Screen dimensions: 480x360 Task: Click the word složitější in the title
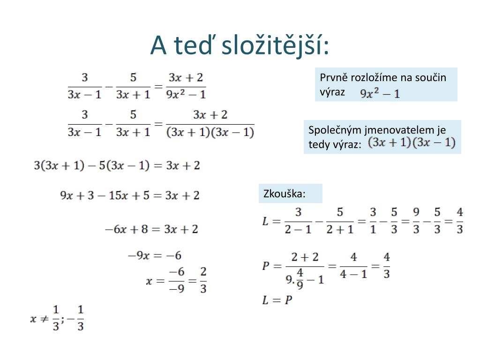pyautogui.click(x=275, y=46)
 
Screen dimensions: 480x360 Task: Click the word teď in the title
pyautogui.click(x=193, y=45)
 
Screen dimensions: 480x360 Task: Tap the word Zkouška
pyautogui.click(x=285, y=194)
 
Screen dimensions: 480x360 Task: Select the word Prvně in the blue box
pyautogui.click(x=333, y=77)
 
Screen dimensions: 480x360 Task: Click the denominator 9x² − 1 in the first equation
pyautogui.click(x=186, y=94)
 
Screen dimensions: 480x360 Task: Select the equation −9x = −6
pyautogui.click(x=155, y=255)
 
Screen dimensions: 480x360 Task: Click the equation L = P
pyautogui.click(x=277, y=300)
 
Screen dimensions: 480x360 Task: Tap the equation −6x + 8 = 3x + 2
pyautogui.click(x=151, y=229)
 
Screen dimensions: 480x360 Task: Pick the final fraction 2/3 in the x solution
pyautogui.click(x=203, y=280)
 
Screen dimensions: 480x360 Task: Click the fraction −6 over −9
pyautogui.click(x=177, y=280)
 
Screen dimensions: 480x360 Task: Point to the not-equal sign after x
pyautogui.click(x=45, y=319)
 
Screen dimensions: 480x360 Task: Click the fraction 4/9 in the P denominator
pyautogui.click(x=300, y=278)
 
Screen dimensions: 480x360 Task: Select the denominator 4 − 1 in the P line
pyautogui.click(x=353, y=274)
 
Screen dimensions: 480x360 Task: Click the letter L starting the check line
pyautogui.click(x=265, y=221)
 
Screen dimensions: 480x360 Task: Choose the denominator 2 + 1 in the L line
pyautogui.click(x=340, y=229)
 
